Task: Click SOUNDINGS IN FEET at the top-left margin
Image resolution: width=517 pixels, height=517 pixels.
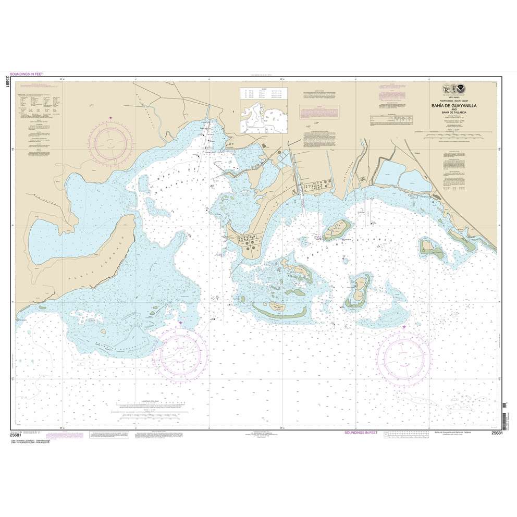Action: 31,74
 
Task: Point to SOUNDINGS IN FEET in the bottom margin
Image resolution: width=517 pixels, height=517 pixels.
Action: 364,433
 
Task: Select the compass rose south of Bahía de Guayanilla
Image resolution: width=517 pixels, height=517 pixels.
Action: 180,352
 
